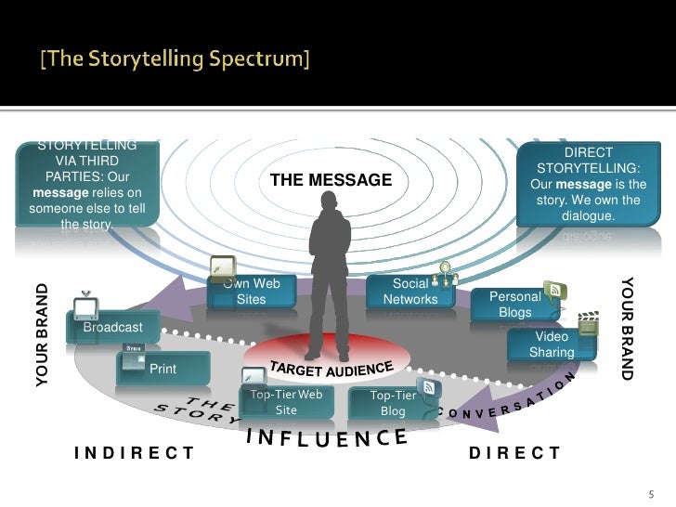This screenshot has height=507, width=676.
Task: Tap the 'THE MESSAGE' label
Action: [331, 179]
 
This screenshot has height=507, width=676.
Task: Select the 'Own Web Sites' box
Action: [252, 292]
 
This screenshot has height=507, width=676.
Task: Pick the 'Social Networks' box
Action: [409, 292]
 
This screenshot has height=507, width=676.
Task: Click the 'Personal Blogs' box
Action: [515, 305]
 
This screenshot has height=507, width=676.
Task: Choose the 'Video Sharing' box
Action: [551, 344]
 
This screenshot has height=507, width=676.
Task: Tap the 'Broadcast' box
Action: [113, 328]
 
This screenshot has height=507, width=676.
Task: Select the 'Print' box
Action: [163, 370]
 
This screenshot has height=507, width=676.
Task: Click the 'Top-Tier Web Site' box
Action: [287, 402]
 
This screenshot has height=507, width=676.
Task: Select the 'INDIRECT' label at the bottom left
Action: [135, 453]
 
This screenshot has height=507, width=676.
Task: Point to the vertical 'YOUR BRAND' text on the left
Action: [43, 334]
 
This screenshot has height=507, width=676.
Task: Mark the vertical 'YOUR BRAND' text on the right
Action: [626, 328]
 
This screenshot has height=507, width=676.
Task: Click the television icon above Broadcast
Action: [86, 305]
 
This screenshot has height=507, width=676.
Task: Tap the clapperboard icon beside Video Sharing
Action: [588, 324]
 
